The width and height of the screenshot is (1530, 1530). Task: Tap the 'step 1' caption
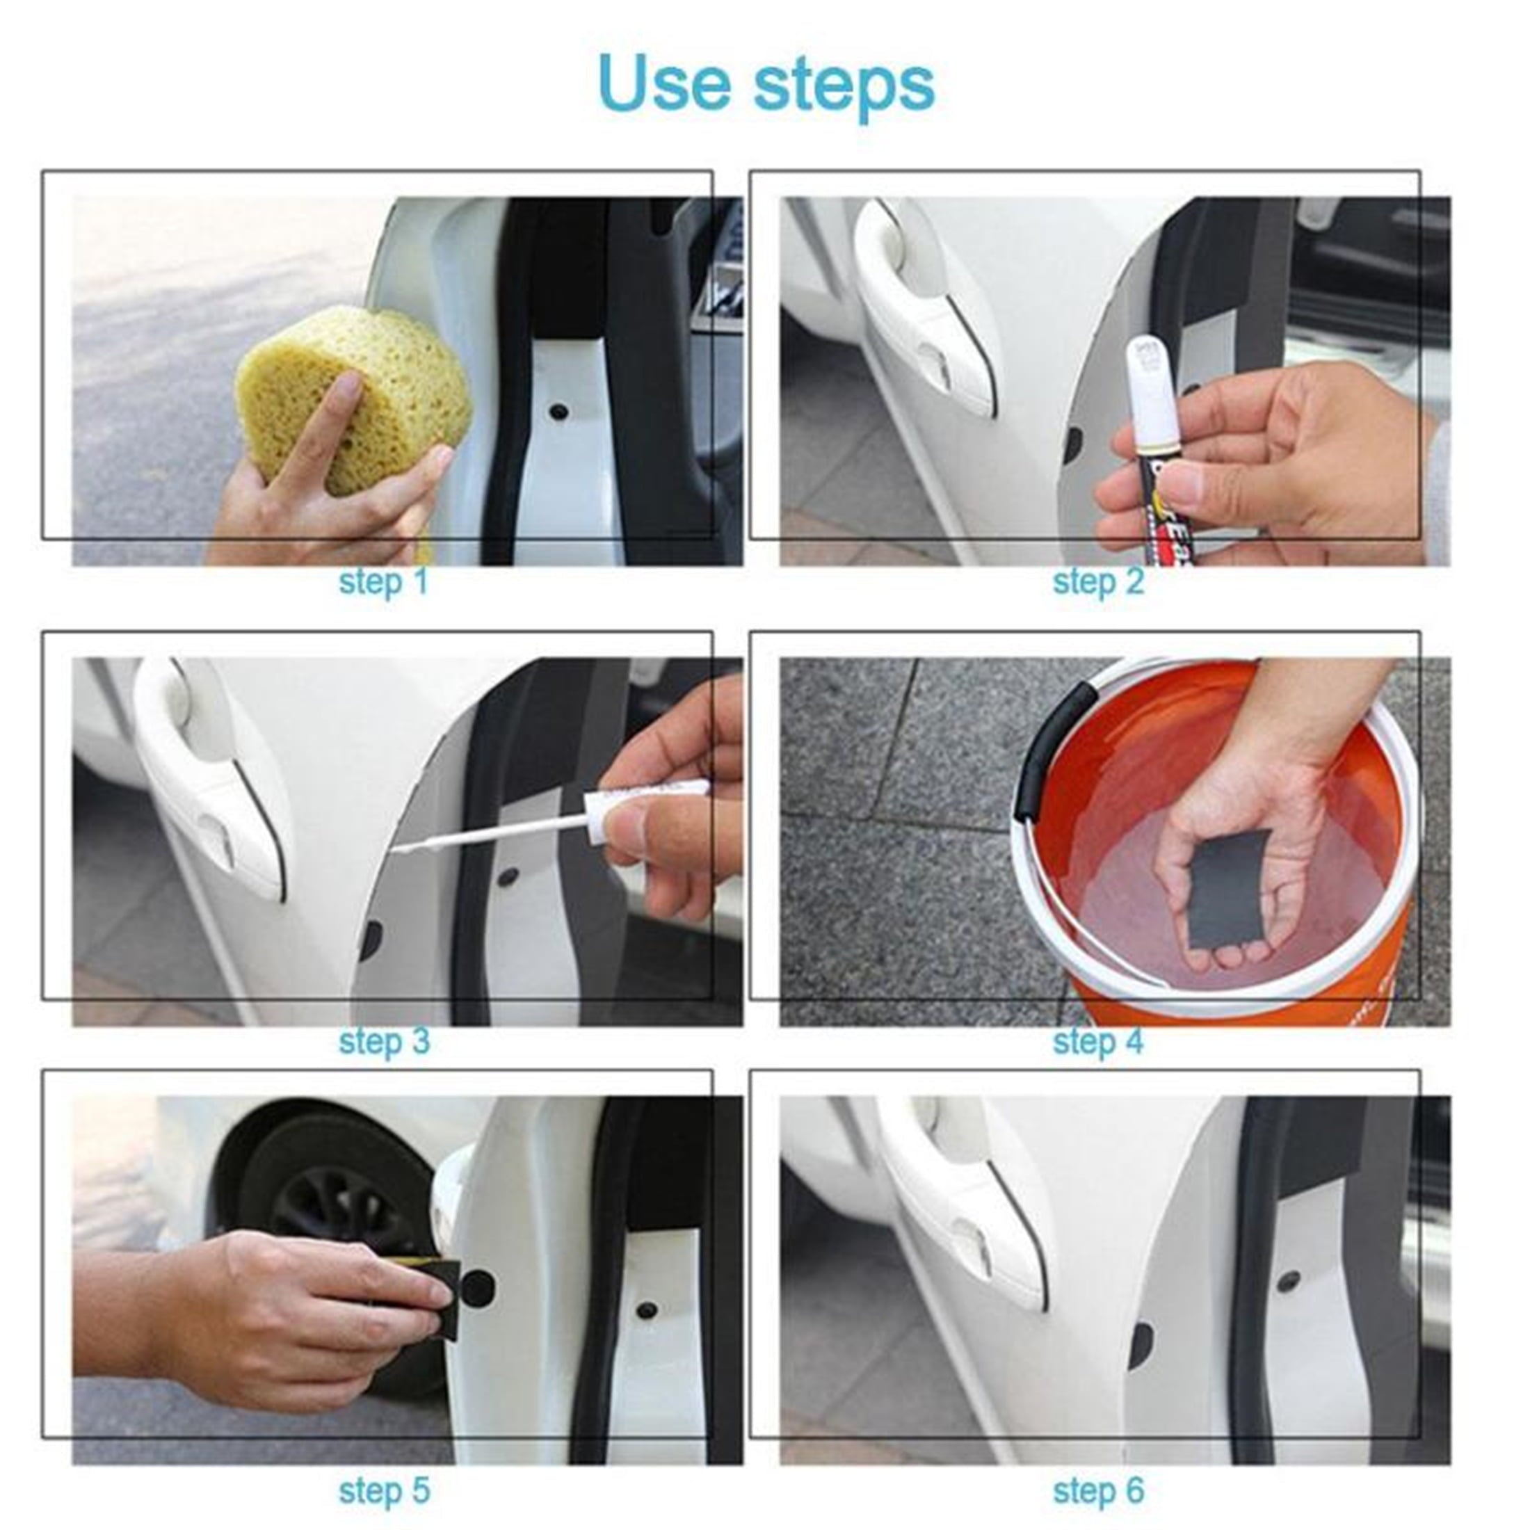(x=383, y=582)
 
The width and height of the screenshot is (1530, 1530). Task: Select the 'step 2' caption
(x=1098, y=582)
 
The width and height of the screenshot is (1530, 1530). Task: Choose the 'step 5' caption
(x=384, y=1490)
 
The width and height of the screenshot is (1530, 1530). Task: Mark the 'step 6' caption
(x=1098, y=1490)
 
